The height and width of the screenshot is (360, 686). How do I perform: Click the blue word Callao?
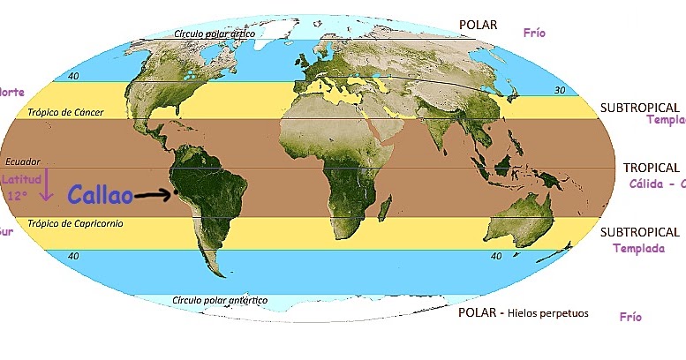(100, 195)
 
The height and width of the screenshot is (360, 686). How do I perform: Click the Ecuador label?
(23, 162)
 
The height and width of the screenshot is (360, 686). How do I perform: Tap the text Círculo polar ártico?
(215, 34)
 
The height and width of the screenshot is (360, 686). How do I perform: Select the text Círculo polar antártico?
(220, 300)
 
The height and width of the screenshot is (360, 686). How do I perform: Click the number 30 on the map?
(560, 90)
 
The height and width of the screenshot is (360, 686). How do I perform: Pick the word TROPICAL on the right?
(652, 167)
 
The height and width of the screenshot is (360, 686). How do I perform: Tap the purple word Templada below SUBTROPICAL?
(638, 249)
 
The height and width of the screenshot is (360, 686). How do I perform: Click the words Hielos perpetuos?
(547, 313)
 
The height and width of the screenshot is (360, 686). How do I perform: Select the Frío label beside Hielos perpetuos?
(630, 316)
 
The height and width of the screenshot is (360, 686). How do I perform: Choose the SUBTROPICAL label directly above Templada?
(640, 232)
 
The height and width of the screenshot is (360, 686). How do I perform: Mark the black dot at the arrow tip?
(176, 191)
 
